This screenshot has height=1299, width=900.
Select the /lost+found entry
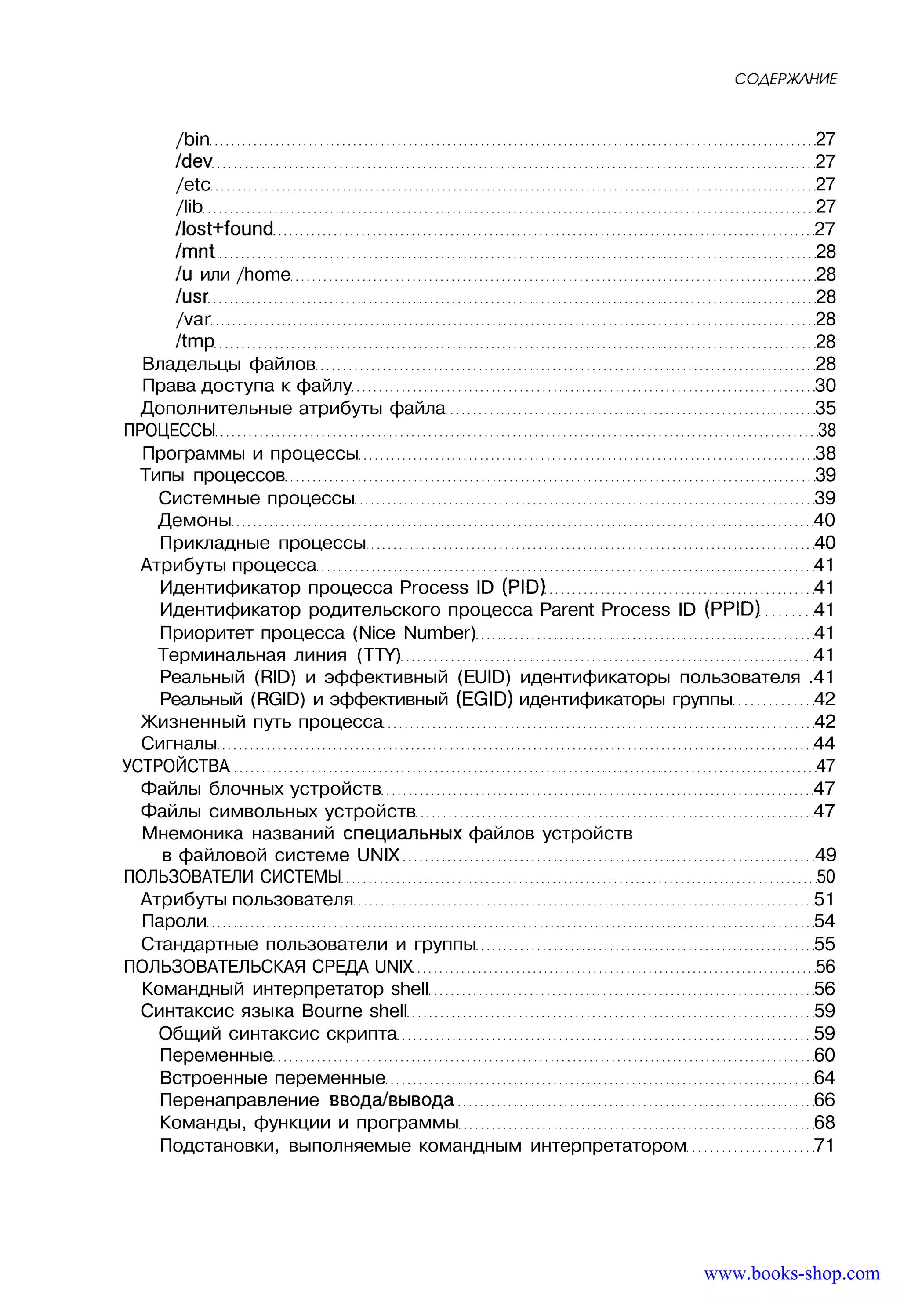[224, 229]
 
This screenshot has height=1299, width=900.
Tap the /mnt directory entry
[195, 252]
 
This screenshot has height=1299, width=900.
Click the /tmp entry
[195, 341]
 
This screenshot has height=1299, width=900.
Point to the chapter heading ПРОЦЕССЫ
[170, 431]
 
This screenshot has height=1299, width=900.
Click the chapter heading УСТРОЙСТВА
[176, 766]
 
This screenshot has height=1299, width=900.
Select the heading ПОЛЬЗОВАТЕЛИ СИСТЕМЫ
[232, 877]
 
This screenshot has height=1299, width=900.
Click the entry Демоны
[195, 520]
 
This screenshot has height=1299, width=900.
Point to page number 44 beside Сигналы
[824, 743]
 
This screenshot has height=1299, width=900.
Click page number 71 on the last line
[824, 1146]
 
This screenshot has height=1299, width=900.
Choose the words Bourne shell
[354, 1011]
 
